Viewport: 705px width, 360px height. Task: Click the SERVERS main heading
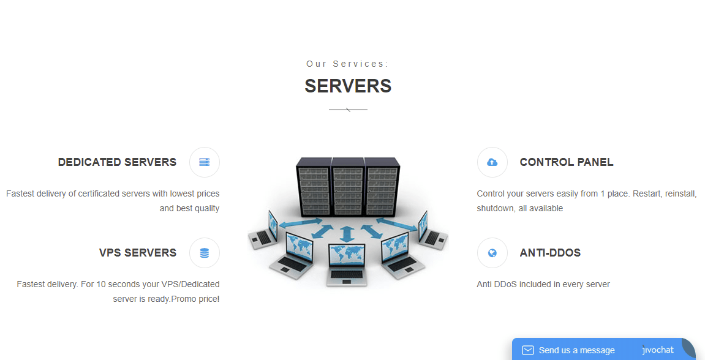click(348, 86)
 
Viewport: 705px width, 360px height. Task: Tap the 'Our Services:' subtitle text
click(347, 64)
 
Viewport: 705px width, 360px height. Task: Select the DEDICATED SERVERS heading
click(118, 162)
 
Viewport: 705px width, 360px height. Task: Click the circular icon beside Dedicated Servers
click(205, 162)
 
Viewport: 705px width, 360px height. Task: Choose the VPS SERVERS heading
click(138, 253)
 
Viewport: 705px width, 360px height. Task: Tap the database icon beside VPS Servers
click(205, 253)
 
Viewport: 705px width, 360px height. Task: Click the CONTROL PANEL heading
click(567, 162)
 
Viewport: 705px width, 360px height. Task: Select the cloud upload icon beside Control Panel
click(492, 162)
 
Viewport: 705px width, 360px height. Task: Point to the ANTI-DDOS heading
click(550, 253)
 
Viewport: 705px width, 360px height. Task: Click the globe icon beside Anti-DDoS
click(492, 253)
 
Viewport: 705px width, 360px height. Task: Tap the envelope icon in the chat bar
click(528, 350)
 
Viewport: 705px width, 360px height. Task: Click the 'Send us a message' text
click(577, 350)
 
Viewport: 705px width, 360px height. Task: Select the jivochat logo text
click(658, 350)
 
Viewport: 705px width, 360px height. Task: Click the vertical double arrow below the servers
click(347, 234)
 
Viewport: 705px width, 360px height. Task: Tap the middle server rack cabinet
click(347, 187)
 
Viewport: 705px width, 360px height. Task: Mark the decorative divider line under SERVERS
click(348, 110)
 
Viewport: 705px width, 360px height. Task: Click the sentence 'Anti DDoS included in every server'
click(543, 284)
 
